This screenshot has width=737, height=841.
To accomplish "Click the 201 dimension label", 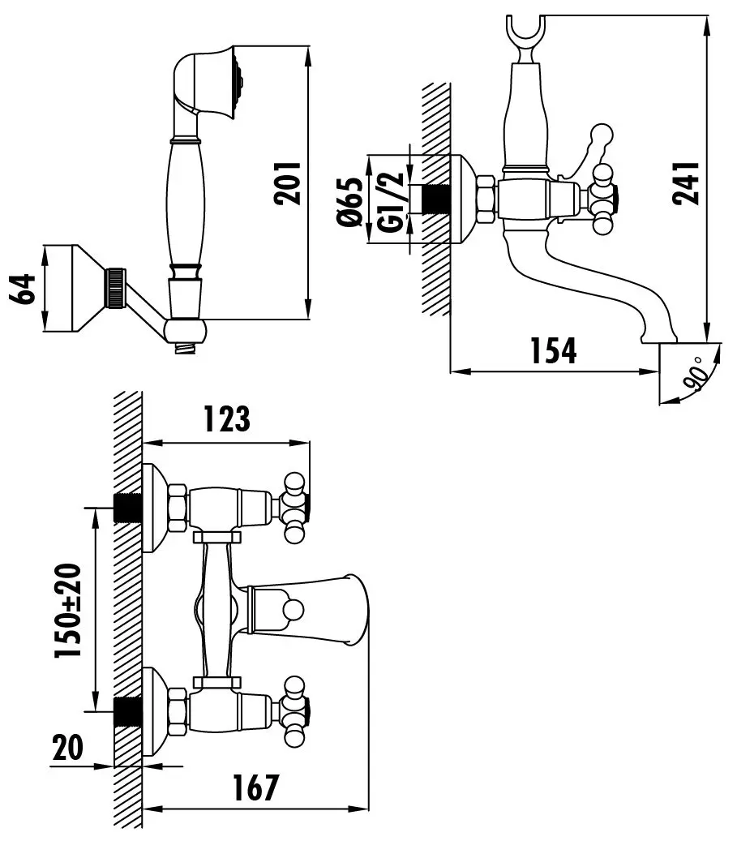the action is coord(288,183).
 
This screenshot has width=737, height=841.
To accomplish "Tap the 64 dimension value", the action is coord(24,289).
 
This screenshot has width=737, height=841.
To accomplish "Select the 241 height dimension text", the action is coord(687,183).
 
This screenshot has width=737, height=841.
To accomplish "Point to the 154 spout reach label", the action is coord(553,351).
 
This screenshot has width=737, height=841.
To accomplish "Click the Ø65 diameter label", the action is coord(350,202).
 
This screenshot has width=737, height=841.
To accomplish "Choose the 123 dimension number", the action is coord(227,418).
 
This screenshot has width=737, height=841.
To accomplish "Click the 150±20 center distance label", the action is coord(68,611).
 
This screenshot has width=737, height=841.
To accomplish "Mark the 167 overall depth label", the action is coord(255,787).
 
